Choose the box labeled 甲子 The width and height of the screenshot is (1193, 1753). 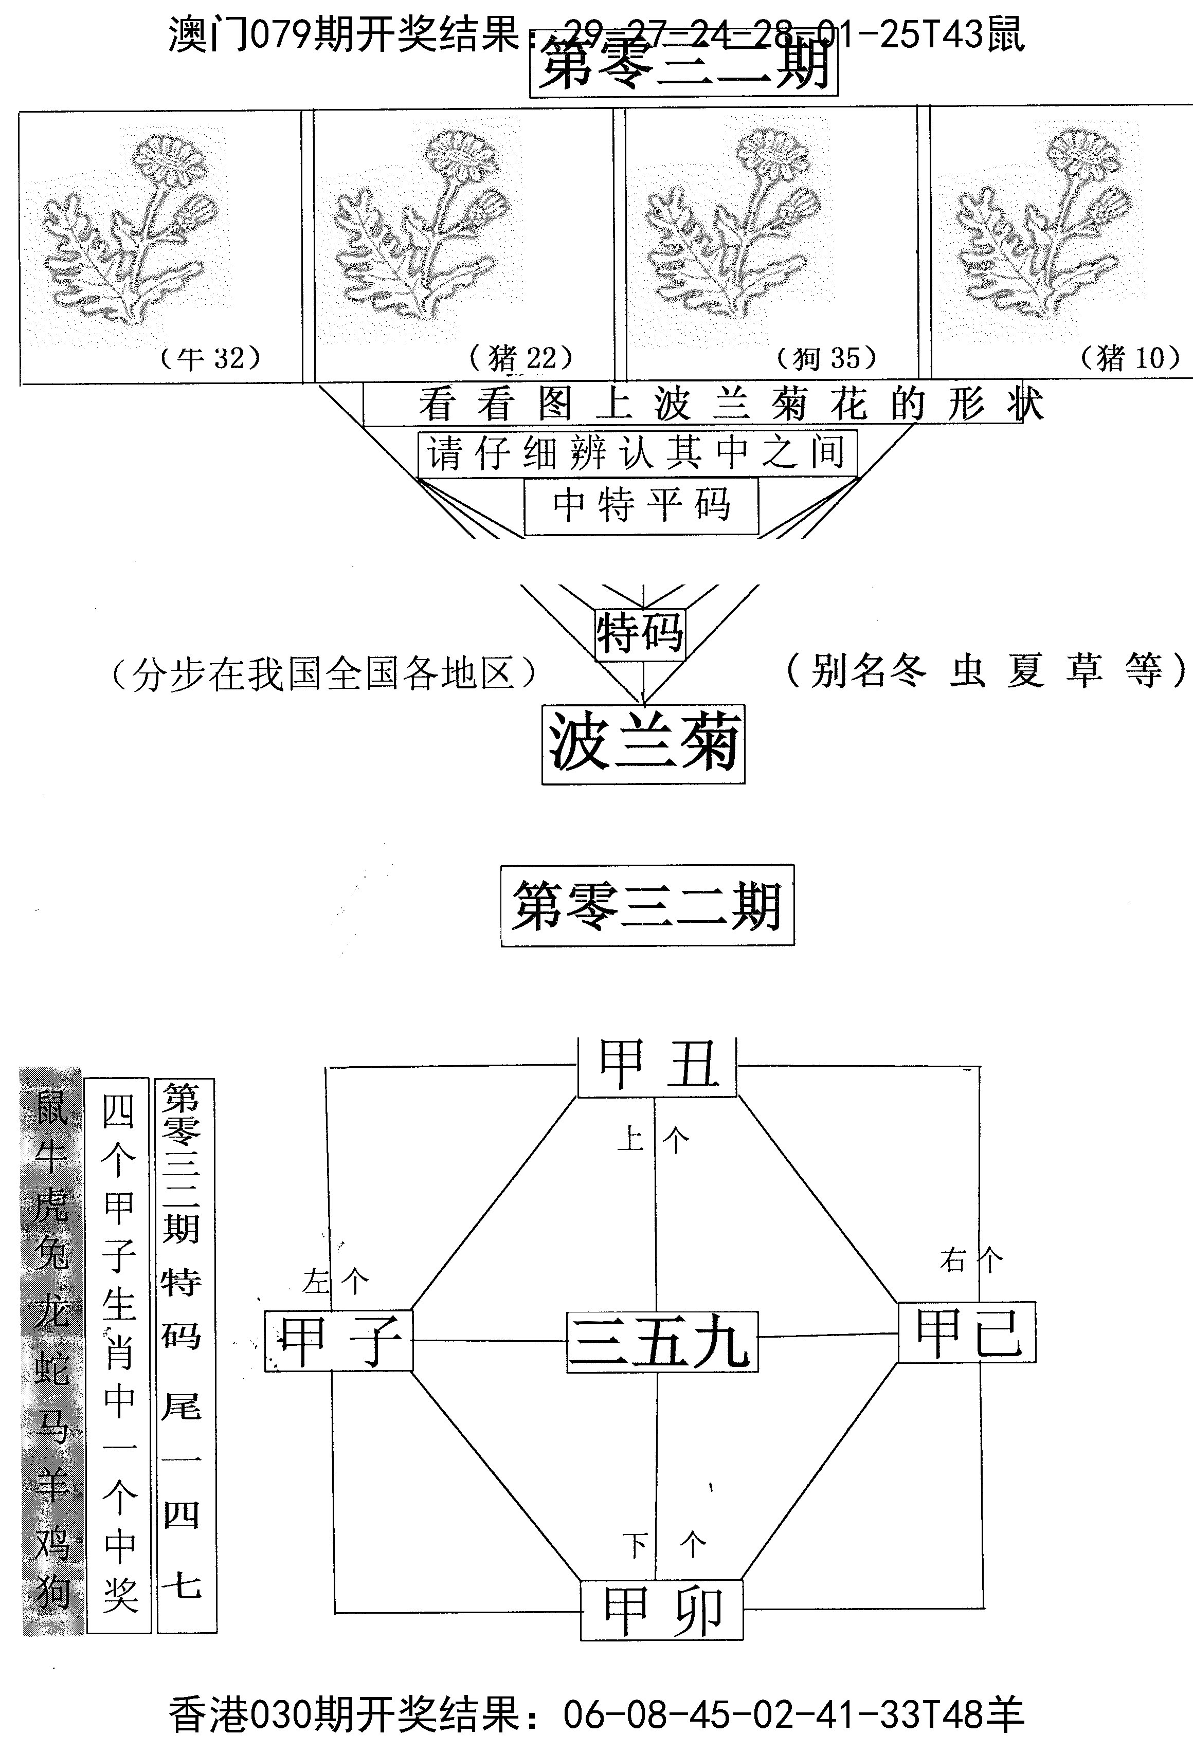[339, 1340]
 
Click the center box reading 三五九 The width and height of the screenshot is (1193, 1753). [661, 1341]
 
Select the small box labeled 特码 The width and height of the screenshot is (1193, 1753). [640, 634]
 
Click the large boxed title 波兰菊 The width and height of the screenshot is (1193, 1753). [643, 744]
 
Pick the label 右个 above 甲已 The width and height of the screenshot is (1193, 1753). [971, 1259]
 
